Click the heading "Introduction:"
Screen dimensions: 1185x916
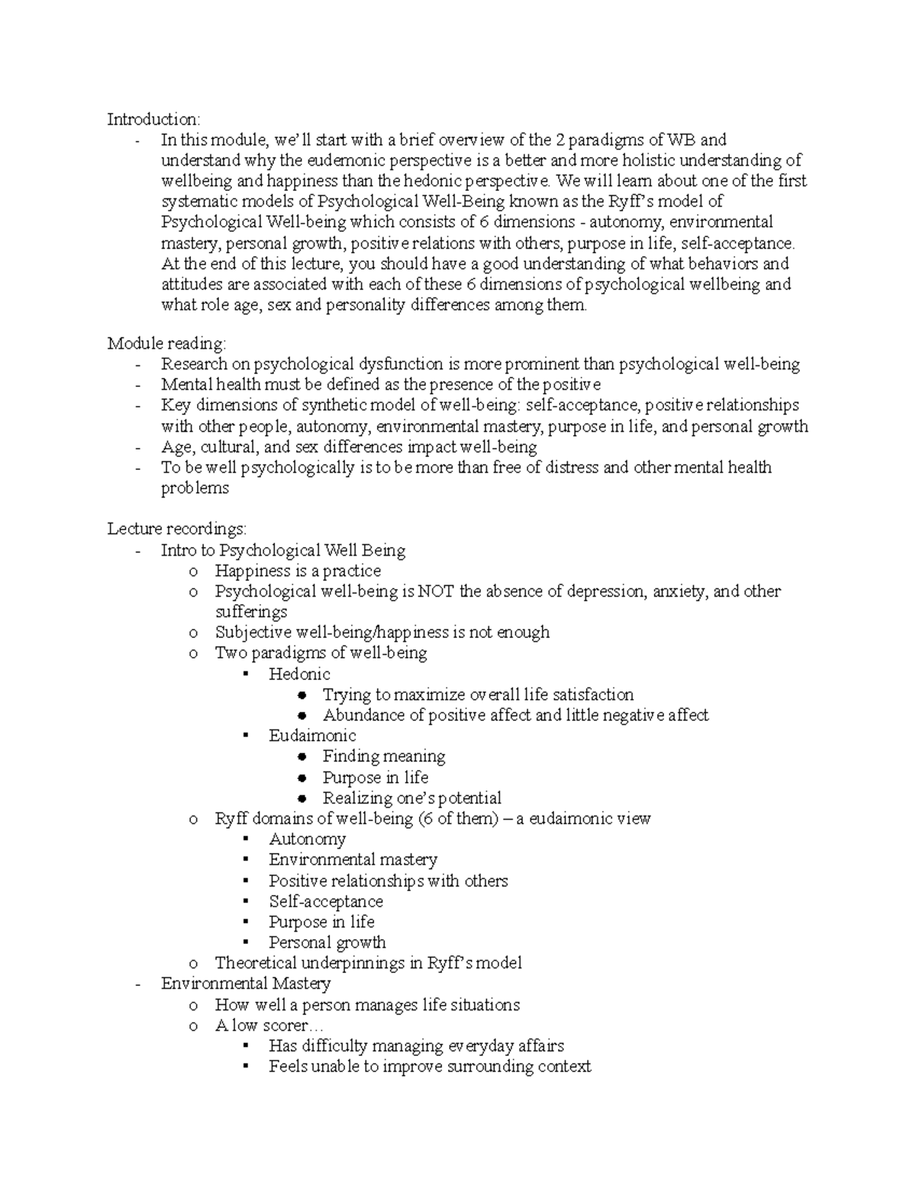pyautogui.click(x=153, y=119)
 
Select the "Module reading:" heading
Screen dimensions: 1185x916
pyautogui.click(x=166, y=343)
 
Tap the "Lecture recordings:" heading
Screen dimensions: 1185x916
pyautogui.click(x=176, y=529)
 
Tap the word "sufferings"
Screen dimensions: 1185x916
pyautogui.click(x=250, y=612)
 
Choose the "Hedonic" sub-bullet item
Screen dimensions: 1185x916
pyautogui.click(x=299, y=674)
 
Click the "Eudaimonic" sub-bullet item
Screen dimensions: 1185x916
pyautogui.click(x=312, y=736)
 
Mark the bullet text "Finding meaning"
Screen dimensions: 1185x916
pyautogui.click(x=383, y=756)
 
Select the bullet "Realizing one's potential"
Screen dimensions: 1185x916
pyautogui.click(x=411, y=798)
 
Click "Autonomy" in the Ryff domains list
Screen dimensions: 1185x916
pyautogui.click(x=307, y=839)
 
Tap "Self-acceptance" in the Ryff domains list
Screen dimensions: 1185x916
pyautogui.click(x=325, y=901)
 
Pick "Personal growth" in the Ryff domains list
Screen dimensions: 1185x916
pyautogui.click(x=327, y=942)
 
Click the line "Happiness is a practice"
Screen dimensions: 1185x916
pyautogui.click(x=298, y=571)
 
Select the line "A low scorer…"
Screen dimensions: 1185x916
pyautogui.click(x=263, y=1026)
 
